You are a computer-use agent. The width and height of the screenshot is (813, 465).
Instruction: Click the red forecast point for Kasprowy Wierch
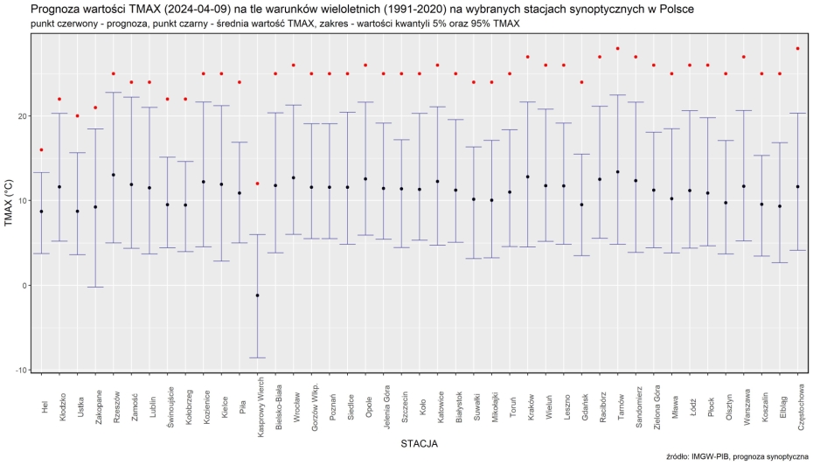[x=257, y=184]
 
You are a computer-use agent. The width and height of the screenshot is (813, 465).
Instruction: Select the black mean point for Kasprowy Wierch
[x=257, y=295]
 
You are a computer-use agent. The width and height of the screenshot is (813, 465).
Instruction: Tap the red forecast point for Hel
[x=41, y=149]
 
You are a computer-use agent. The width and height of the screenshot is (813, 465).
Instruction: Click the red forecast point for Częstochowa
[x=798, y=48]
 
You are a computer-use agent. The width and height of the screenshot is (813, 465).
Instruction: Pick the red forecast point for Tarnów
[x=618, y=48]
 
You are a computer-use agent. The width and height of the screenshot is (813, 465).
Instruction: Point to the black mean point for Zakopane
[x=95, y=207]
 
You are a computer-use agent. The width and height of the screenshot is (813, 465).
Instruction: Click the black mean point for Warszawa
[x=744, y=186]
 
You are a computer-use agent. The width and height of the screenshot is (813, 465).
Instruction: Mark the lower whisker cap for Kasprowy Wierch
[x=257, y=357]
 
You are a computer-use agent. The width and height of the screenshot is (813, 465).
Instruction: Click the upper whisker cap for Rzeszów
[x=114, y=93]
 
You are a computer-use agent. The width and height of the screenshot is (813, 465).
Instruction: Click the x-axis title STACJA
[x=419, y=444]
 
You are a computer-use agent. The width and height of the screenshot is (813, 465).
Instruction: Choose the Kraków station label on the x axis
[x=528, y=407]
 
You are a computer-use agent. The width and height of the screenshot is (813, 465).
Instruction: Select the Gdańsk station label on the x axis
[x=582, y=407]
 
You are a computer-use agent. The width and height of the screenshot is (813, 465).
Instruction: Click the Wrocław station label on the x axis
[x=294, y=408]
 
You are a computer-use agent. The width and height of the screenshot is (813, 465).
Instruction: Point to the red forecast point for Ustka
[x=77, y=115]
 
